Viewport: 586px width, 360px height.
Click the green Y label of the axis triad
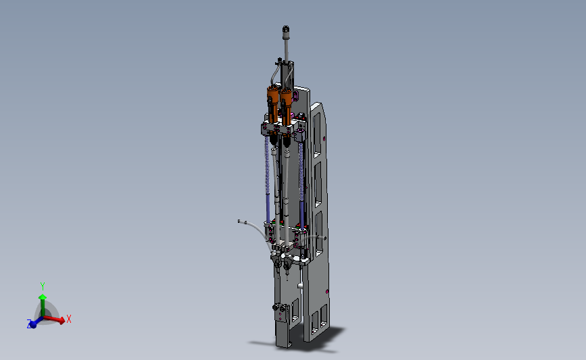[x=43, y=286]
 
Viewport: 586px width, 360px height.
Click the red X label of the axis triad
[x=69, y=319]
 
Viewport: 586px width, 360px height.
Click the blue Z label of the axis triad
[x=29, y=324]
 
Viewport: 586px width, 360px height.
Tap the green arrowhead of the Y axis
[x=43, y=297]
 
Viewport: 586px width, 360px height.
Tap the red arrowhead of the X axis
[x=62, y=320]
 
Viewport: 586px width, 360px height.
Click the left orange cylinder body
[x=273, y=103]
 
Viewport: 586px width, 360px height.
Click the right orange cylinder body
[x=287, y=105]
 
